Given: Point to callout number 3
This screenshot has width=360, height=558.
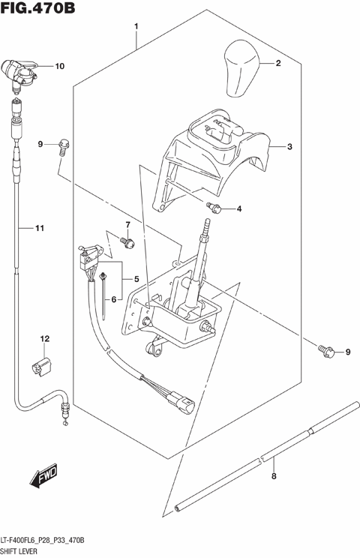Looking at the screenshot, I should tap(289, 147).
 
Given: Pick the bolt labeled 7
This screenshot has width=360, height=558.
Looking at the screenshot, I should tap(127, 241).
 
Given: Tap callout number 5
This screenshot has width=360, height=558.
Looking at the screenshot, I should tap(137, 279).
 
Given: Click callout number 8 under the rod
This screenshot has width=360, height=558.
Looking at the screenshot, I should tap(274, 476).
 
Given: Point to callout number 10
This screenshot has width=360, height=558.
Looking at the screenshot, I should tap(60, 66).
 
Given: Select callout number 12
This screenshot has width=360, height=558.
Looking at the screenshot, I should tap(44, 339).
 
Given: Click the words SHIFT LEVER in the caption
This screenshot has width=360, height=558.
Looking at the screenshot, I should tap(22, 551).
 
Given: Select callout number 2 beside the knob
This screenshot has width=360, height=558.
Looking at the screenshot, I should tap(277, 64).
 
